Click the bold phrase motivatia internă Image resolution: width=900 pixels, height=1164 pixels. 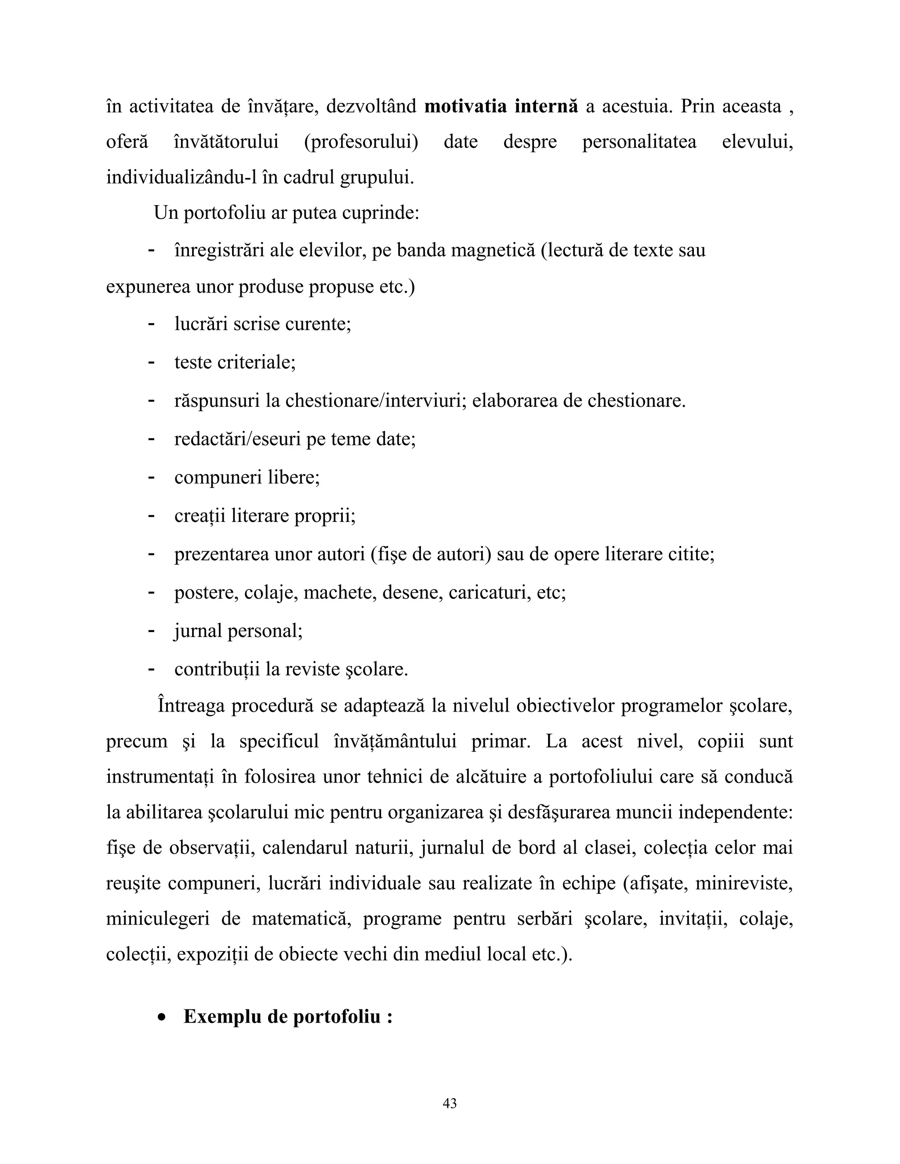click(501, 106)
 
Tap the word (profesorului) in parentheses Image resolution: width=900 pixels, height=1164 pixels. click(361, 142)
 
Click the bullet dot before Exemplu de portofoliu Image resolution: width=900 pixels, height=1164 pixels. click(162, 1017)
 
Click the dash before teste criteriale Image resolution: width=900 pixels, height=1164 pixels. click(152, 362)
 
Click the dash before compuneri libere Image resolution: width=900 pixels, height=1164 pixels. click(152, 477)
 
